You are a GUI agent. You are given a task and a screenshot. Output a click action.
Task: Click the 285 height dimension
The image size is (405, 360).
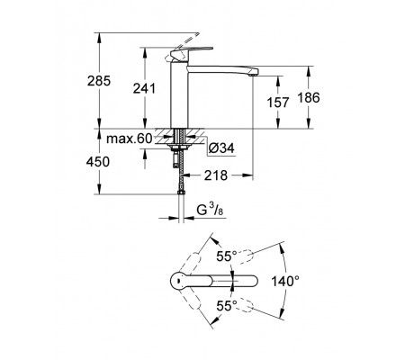[99, 81]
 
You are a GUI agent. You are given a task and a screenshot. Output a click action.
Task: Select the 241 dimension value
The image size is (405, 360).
[144, 88]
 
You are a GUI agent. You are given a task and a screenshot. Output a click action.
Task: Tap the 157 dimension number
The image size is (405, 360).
[278, 103]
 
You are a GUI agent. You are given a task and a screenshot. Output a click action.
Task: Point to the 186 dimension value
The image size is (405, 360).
[309, 98]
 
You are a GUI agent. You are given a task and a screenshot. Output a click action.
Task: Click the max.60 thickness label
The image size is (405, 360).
[130, 139]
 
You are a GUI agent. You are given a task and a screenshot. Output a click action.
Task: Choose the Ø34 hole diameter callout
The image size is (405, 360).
[221, 148]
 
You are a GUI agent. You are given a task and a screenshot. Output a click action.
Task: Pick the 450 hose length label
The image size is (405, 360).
[98, 162]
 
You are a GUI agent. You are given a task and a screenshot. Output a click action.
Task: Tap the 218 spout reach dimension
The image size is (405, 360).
[216, 175]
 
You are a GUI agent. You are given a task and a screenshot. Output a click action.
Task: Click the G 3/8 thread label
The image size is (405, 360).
[210, 210]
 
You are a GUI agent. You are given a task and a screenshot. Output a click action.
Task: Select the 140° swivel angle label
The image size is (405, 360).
[285, 282]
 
